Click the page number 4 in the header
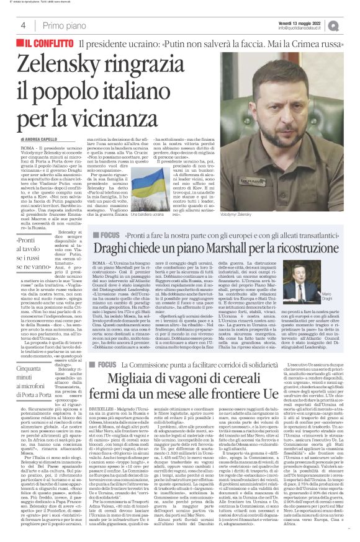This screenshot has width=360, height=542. click(x=23, y=25)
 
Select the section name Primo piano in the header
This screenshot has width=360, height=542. click(x=64, y=25)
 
